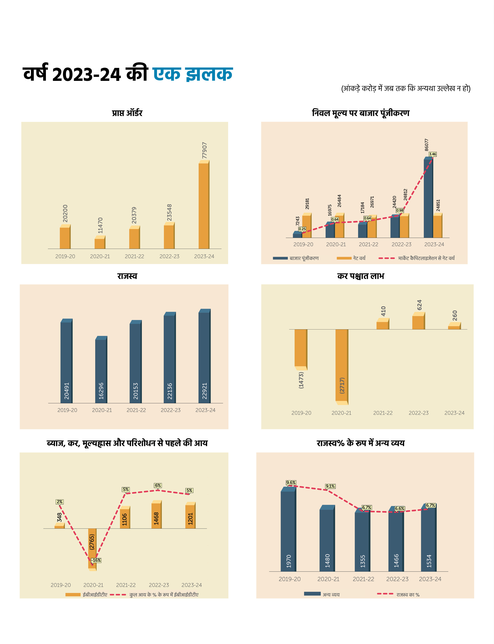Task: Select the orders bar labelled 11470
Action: click(100, 243)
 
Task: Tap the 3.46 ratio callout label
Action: click(433, 154)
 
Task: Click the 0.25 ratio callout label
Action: click(302, 229)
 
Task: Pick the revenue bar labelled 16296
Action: click(101, 371)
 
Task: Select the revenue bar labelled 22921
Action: click(204, 357)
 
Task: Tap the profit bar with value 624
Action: click(418, 322)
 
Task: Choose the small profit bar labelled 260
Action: click(454, 327)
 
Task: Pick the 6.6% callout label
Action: click(400, 509)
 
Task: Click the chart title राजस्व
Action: click(127, 276)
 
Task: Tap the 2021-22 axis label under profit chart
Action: click(383, 413)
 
